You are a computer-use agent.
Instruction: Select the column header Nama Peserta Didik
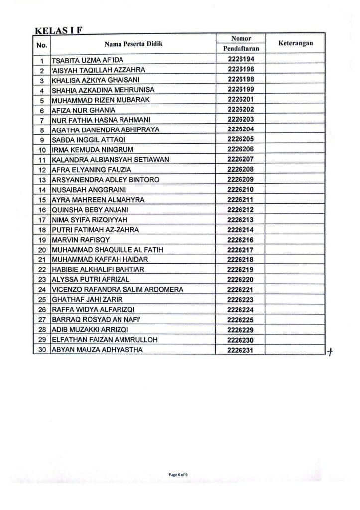click(133, 44)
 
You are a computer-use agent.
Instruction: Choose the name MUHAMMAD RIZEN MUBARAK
click(95, 99)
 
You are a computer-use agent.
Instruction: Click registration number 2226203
click(240, 119)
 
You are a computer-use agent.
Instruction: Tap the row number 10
click(42, 149)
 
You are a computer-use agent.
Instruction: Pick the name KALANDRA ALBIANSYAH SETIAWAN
click(104, 159)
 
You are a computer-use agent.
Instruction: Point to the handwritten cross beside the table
click(329, 352)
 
